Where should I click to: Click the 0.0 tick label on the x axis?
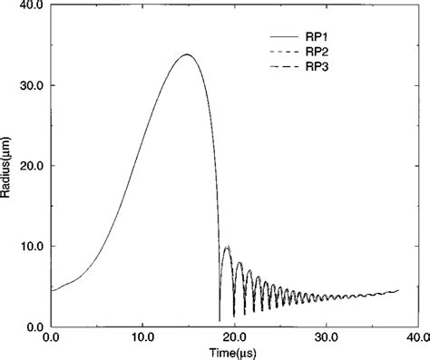51,338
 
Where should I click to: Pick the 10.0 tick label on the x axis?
142,338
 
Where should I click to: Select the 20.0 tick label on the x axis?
234,338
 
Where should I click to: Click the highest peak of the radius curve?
187,54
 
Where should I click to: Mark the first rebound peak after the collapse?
226,246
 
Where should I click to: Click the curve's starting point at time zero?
52,290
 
